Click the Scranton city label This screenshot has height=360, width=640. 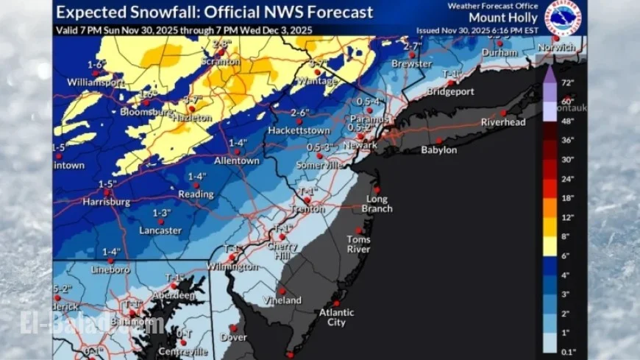[x=226, y=63]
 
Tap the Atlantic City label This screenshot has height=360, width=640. [x=336, y=317]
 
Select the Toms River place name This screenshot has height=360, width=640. [x=359, y=244]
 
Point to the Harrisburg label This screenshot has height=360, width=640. [x=106, y=201]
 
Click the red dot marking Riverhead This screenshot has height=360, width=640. [x=504, y=113]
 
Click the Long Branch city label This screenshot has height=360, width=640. [x=377, y=204]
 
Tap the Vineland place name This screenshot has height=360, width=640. [x=282, y=300]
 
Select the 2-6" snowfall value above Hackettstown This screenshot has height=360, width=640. [x=299, y=113]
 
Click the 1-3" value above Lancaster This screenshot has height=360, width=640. [x=161, y=213]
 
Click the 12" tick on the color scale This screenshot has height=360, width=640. [x=568, y=218]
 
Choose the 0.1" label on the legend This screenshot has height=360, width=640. [x=568, y=351]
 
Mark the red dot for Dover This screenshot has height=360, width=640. [x=233, y=328]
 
